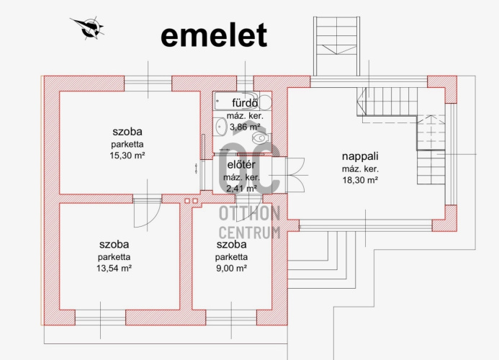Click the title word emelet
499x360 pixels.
click(214, 35)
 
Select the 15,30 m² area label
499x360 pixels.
click(127, 156)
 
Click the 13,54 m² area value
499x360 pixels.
click(114, 269)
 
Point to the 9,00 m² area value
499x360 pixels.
click(231, 269)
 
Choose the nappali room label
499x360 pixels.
click(360, 156)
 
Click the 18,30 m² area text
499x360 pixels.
click(360, 180)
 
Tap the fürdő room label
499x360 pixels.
click(245, 103)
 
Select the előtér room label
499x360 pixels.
click(241, 165)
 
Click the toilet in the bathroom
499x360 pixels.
click(261, 138)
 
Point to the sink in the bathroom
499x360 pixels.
click(220, 127)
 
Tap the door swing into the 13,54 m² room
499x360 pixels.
click(147, 212)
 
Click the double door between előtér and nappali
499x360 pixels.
click(296, 175)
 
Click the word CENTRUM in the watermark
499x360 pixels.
click(249, 233)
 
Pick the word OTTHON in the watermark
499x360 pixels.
click(249, 213)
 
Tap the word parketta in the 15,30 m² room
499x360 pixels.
click(127, 144)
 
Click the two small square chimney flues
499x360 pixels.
click(191, 201)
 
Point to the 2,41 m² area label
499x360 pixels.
click(241, 189)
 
